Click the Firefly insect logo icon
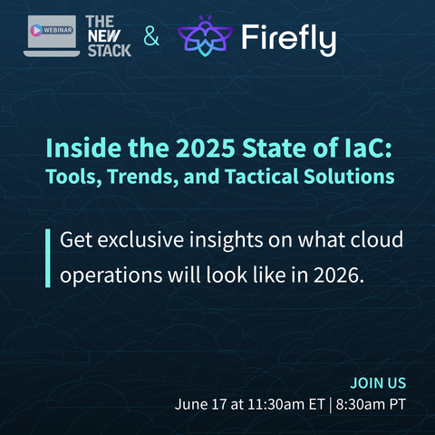point(206,36)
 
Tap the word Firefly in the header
point(289,39)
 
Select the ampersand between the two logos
point(151,35)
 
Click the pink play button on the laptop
point(36,30)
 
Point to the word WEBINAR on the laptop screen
point(58,30)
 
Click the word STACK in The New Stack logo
point(110,51)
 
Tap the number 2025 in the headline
point(206,149)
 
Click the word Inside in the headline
point(83,149)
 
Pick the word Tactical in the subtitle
point(262,177)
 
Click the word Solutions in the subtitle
point(349,177)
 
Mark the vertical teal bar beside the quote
point(48,258)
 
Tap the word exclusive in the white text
point(140,239)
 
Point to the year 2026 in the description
point(339,275)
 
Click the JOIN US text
point(378,383)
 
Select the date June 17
point(200,404)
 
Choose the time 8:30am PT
point(371,404)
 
